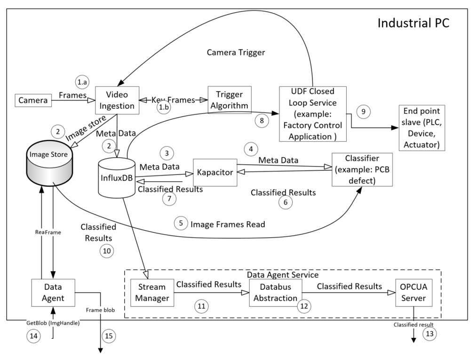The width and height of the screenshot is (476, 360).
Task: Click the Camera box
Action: coord(32,100)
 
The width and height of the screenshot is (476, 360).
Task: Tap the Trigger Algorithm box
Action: coord(229,100)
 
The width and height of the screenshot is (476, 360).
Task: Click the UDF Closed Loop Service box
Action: coord(312,113)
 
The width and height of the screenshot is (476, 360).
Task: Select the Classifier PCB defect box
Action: coord(362,170)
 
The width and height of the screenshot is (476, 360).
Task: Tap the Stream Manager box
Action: coord(149,292)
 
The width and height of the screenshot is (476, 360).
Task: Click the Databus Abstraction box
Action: coord(275,292)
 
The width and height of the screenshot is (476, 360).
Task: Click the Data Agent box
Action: coord(52,292)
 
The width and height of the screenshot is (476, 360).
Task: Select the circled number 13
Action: coord(429,334)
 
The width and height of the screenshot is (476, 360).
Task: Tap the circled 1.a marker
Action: coord(82,81)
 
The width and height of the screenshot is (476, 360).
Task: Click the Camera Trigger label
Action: coord(236,52)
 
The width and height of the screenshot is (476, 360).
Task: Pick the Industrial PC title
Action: coord(413,23)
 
